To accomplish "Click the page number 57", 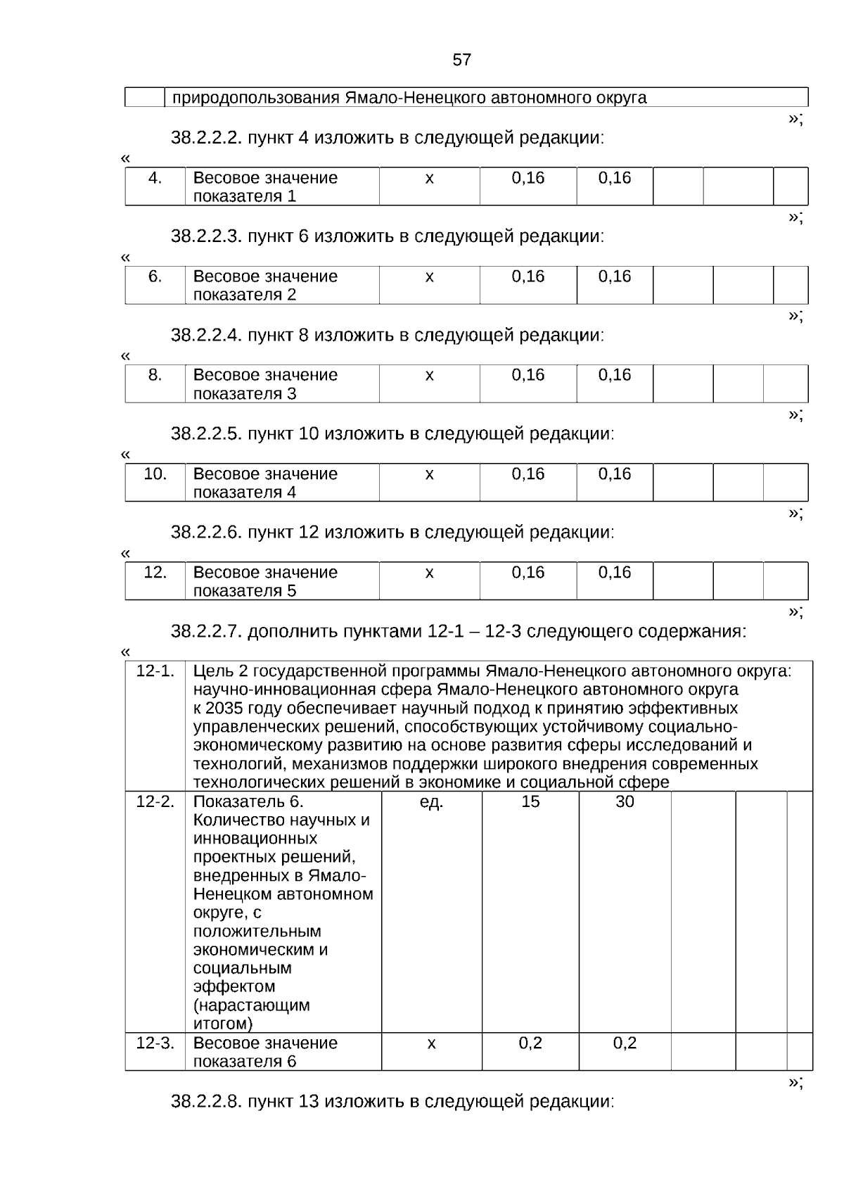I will coord(461,60).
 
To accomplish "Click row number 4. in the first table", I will coord(155,178).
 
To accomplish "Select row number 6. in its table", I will coord(155,277).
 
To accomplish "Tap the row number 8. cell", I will coord(155,375).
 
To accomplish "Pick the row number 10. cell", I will coord(155,474).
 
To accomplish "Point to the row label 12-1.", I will coord(155,671).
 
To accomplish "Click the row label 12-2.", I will coord(155,802).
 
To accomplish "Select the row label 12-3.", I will coord(155,1043).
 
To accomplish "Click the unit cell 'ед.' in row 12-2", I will coord(431,802).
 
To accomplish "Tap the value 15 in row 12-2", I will coord(530,802).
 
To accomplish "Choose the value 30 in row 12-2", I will coord(625,802).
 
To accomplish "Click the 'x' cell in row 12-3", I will coord(431,1043).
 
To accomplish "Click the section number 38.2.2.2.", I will coord(206,138).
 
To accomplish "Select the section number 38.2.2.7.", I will coord(206,631).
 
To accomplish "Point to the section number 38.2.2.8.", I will coord(206,1101).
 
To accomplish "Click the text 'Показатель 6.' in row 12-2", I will coord(248,802).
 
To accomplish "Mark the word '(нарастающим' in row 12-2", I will coord(251,1005).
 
